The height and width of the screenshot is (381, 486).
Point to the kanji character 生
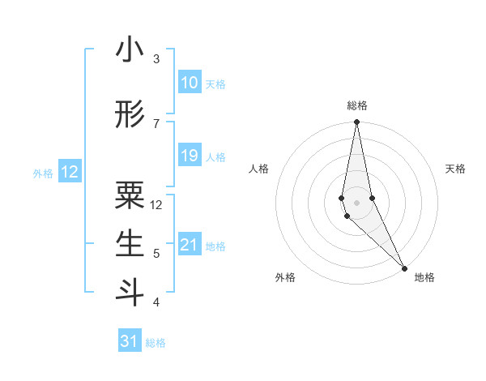(130, 244)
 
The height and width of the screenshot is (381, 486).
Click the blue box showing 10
(189, 83)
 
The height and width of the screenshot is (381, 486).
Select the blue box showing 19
(189, 156)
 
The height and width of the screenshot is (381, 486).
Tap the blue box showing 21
(189, 246)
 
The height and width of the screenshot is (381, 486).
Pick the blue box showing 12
(70, 172)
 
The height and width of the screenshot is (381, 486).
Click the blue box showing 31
(130, 341)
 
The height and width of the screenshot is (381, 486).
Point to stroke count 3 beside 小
(156, 59)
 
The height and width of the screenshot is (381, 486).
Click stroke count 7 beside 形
(156, 123)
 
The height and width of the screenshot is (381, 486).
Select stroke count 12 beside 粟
(156, 205)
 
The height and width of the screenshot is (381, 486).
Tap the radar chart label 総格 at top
(357, 105)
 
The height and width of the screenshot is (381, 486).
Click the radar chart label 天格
(456, 169)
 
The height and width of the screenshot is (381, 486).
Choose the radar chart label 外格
(285, 277)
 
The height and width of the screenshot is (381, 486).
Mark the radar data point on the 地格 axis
(404, 268)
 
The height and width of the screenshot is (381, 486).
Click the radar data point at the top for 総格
(356, 122)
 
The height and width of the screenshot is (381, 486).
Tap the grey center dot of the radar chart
(356, 202)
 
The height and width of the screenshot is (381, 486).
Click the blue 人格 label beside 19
(215, 156)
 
